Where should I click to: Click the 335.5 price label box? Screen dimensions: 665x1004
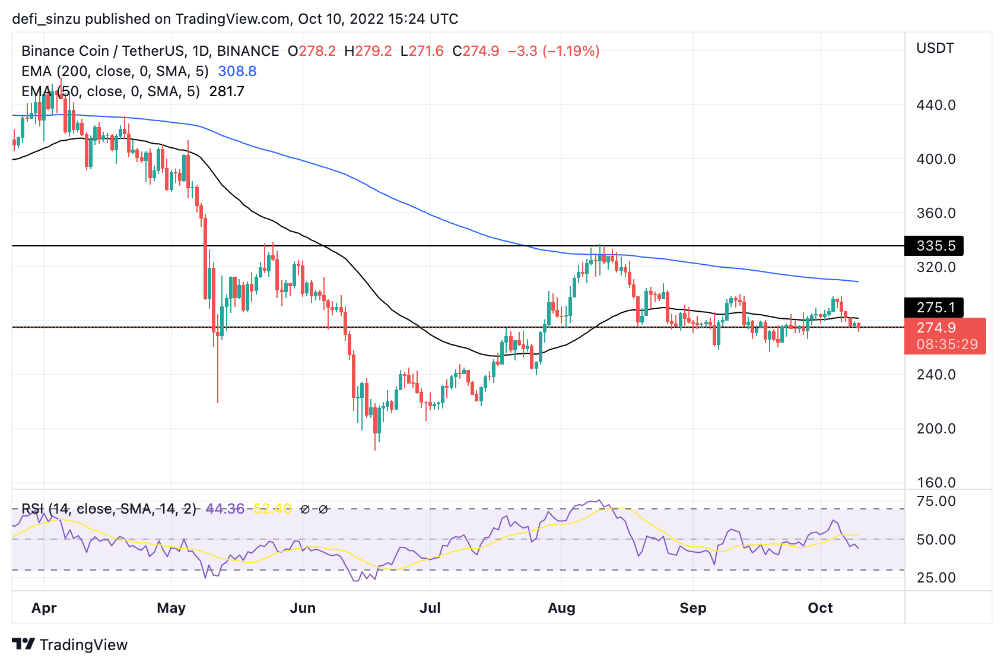934,246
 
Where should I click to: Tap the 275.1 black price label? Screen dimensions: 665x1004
934,308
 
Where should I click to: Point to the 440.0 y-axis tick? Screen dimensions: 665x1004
936,105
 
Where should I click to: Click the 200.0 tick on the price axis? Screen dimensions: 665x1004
936,429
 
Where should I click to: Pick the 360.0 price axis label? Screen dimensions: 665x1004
936,213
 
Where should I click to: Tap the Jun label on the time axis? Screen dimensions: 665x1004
303,608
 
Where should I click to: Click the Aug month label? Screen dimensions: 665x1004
561,608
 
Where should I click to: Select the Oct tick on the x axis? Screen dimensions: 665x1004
820,608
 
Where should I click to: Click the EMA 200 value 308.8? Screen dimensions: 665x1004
237,71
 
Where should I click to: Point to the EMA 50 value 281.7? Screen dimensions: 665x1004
227,91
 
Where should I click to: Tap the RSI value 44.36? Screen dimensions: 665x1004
225,509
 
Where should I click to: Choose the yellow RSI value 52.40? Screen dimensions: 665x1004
272,509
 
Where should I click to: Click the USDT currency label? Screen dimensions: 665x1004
935,48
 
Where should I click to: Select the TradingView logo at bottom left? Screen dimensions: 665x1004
70,645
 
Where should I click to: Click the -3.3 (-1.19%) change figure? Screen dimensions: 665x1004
554,51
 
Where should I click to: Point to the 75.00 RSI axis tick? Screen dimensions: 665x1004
936,501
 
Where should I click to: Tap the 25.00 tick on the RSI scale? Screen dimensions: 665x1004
936,578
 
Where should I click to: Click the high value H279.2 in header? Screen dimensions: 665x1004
368,51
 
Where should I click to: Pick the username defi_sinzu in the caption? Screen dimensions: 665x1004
46,19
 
